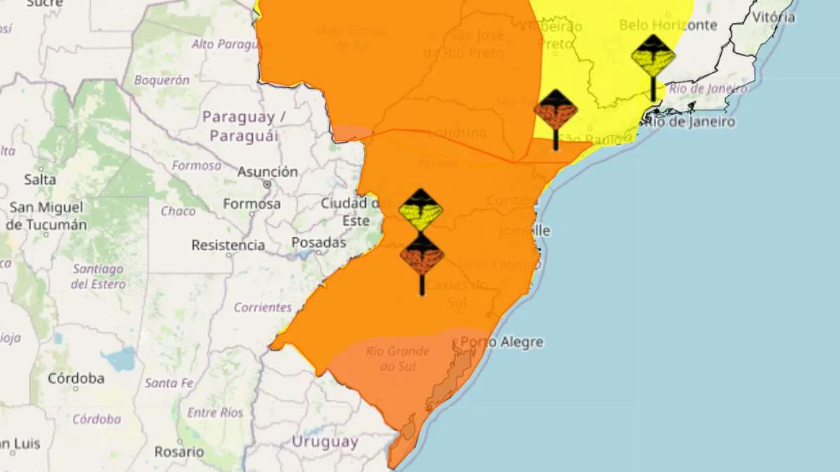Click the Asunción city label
(267, 171)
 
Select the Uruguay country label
(325, 442)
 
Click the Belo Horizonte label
(668, 25)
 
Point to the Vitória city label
(773, 17)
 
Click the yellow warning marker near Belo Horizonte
(653, 56)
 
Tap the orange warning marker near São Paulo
(556, 110)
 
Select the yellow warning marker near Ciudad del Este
(421, 210)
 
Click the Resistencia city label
(228, 245)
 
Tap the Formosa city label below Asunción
(252, 204)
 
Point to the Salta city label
(40, 180)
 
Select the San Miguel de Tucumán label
(46, 216)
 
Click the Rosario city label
(180, 452)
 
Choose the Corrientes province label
(262, 308)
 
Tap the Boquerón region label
(161, 80)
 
